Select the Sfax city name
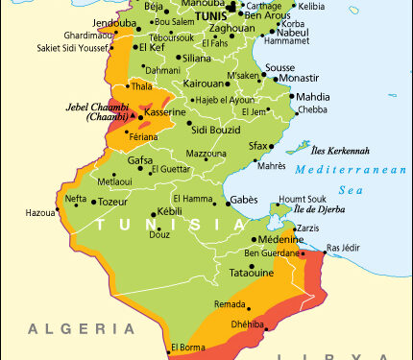[258, 145]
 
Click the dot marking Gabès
[224, 200]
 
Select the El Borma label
[187, 348]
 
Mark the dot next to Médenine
[254, 240]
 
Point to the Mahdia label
[312, 97]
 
